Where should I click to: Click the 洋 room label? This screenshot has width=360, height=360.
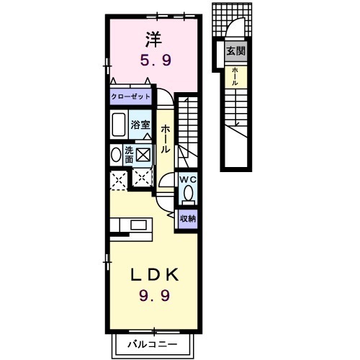pos(154,40)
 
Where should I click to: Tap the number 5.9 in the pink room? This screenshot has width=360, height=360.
pos(156,60)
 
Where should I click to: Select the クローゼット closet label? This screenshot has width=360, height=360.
pos(130,96)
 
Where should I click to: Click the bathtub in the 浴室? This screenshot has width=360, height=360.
pos(119,125)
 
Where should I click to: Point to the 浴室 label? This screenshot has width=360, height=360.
pos(140,125)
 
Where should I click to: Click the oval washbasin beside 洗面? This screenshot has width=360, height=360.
pos(116,155)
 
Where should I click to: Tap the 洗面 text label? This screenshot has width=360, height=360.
pos(129,155)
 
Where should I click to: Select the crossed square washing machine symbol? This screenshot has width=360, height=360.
pos(143,155)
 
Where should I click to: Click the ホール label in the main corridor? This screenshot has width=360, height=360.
pos(166,139)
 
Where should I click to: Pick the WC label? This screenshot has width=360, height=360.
pos(188,179)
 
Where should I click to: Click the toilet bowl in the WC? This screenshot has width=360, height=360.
pos(188,194)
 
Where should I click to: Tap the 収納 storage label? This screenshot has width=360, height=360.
pos(188,219)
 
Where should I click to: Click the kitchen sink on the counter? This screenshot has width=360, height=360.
pos(138,225)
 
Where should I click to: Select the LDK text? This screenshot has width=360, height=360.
pos(155,275)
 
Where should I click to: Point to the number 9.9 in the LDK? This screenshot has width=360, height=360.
pos(155,295)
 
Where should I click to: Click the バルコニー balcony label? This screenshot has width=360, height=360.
pos(152,345)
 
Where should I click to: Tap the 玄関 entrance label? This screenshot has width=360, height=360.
pos(235,51)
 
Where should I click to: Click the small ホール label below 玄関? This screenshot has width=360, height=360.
pos(235,76)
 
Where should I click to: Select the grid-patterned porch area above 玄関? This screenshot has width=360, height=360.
pos(232,19)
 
